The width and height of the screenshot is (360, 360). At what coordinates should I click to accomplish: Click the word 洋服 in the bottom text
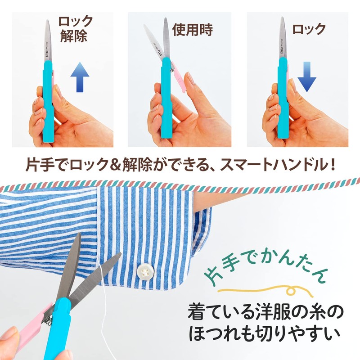pos(255,311)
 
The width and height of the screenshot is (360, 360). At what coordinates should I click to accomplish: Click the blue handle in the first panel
pos(49,103)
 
